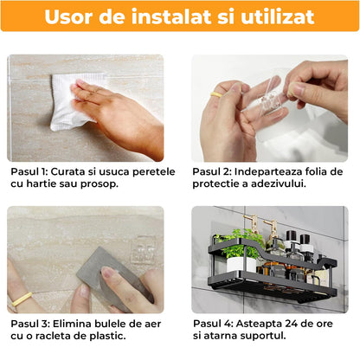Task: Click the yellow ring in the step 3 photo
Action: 22,299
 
